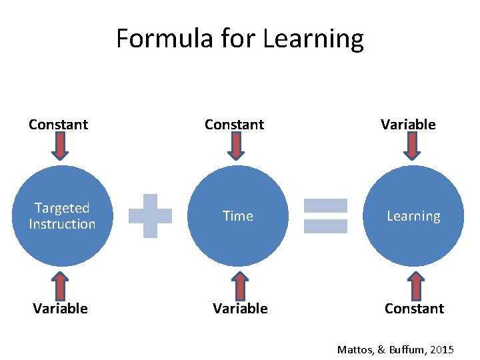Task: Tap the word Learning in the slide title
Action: click(x=313, y=39)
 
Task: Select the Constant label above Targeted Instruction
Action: click(x=59, y=125)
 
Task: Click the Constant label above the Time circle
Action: click(x=234, y=125)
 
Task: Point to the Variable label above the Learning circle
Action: click(x=408, y=125)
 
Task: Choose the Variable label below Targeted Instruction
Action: click(x=61, y=308)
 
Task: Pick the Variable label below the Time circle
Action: click(x=240, y=308)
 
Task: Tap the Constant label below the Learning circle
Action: click(x=414, y=308)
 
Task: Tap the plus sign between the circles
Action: click(x=151, y=215)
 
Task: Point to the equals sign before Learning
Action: click(x=325, y=216)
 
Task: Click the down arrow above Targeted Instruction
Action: click(x=60, y=147)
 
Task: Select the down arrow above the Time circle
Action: click(x=235, y=147)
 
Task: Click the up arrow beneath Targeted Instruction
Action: click(x=61, y=285)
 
